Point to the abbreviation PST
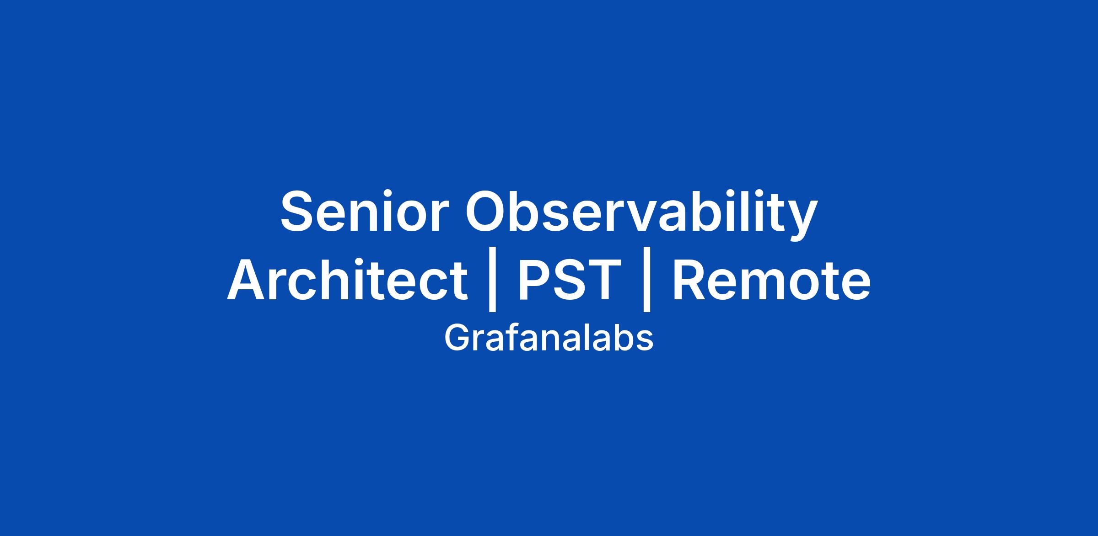coord(569,280)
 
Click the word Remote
coord(771,280)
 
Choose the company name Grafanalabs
coord(549,338)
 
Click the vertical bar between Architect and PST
coord(492,280)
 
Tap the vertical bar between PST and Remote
coord(646,280)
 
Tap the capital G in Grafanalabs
coord(457,338)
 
